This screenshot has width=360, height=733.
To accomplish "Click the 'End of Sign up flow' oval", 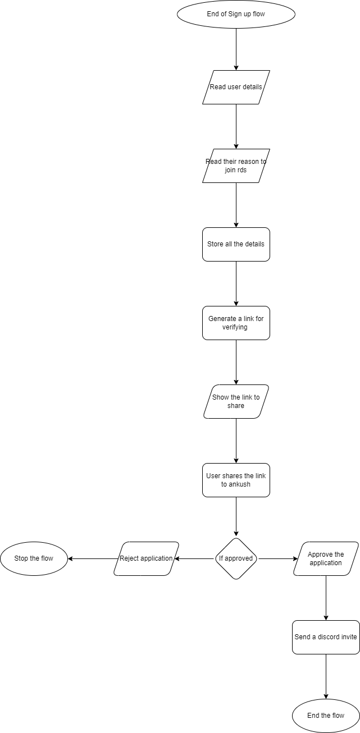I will [x=236, y=14].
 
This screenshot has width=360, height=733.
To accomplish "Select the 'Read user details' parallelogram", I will [x=236, y=87].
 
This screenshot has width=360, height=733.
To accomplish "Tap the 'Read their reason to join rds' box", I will [x=236, y=166].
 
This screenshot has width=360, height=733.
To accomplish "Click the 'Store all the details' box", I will [x=236, y=244].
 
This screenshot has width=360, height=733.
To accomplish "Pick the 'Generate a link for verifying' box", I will [x=236, y=323].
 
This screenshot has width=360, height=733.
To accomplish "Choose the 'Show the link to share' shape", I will [x=236, y=401].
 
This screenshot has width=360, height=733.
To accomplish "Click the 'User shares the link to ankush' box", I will [x=236, y=480].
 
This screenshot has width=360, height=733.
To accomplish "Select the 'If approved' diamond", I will [x=236, y=558].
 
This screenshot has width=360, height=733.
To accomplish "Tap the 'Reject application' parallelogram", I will [x=146, y=558].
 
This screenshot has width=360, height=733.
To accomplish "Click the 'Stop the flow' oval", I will [x=34, y=558].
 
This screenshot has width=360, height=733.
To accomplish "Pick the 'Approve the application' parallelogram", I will [x=326, y=558].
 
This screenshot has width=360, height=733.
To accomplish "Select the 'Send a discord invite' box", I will [x=326, y=637].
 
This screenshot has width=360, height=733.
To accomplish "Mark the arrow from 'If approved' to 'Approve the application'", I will [x=278, y=558].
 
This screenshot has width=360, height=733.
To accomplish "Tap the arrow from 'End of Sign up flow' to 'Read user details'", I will [x=236, y=49].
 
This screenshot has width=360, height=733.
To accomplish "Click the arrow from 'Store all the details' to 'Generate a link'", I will [x=236, y=283].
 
